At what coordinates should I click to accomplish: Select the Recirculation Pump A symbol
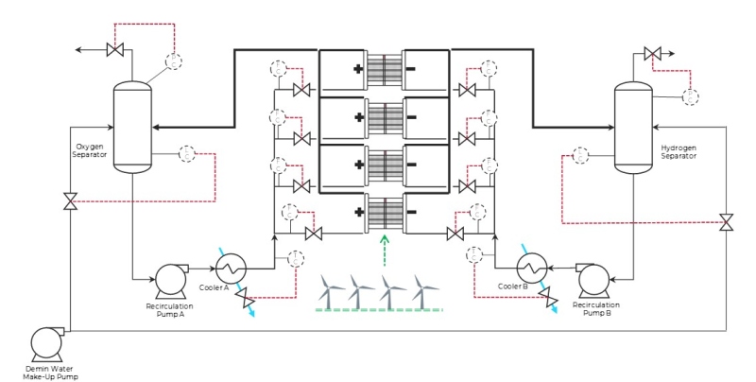(172, 279)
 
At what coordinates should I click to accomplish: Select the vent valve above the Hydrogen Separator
(652, 54)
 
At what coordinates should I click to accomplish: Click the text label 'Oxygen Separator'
(91, 150)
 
